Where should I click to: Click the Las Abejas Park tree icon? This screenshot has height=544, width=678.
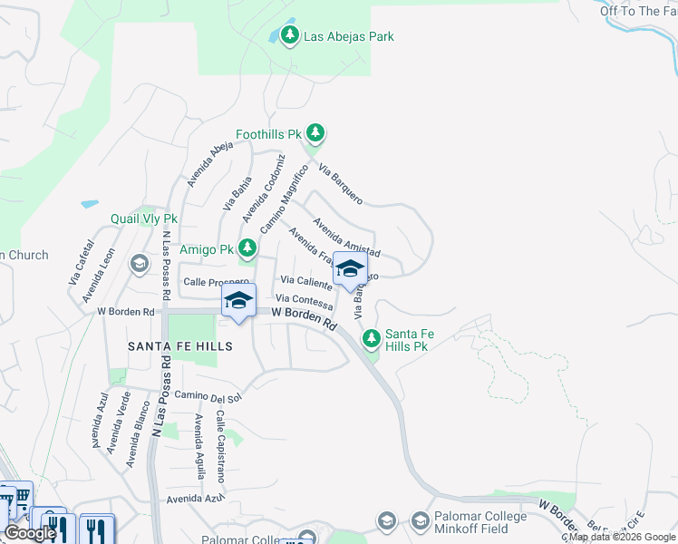click(289, 36)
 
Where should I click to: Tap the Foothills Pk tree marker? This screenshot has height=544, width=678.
click(315, 134)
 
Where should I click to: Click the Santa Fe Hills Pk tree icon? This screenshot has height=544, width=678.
click(371, 339)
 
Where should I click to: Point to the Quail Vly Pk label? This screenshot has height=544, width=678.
click(144, 219)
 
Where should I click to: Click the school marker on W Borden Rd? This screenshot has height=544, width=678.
click(237, 301)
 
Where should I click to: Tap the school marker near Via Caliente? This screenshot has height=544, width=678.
click(350, 269)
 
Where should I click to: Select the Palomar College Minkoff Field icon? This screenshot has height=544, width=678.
click(420, 521)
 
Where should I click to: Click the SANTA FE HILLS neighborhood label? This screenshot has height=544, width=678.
click(179, 346)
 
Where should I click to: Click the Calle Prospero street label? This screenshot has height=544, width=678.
click(216, 282)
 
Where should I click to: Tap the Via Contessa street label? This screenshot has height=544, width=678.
click(304, 299)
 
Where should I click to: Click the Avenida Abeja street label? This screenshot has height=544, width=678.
click(204, 164)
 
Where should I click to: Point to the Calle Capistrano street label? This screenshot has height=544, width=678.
click(220, 446)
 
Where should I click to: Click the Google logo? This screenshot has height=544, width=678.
click(30, 533)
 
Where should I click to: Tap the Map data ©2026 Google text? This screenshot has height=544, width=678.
click(622, 537)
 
